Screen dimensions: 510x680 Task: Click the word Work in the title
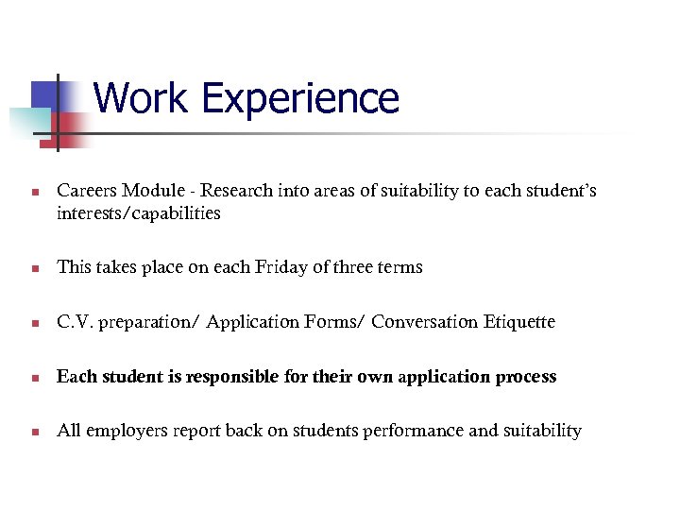coord(143,98)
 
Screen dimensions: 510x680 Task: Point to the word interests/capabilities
coord(138,213)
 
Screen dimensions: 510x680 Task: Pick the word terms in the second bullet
coord(400,267)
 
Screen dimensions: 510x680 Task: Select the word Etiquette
coord(520,322)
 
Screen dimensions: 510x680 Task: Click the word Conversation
coord(425,322)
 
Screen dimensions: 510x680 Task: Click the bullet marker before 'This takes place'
coord(34,269)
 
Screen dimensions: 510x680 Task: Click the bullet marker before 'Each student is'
coord(34,379)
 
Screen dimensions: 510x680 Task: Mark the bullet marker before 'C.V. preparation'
coord(34,324)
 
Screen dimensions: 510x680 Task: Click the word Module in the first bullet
coord(155,191)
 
